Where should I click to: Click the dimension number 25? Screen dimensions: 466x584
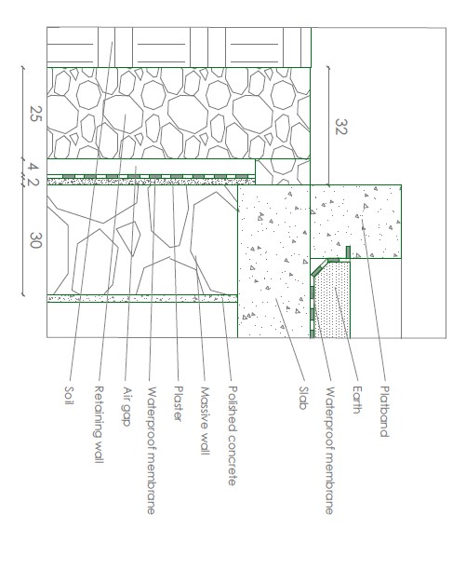pos(36,114)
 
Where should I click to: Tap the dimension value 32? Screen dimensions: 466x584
pos(341,127)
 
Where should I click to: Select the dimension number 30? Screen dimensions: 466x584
pos(36,240)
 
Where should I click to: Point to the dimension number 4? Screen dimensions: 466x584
pos(33,167)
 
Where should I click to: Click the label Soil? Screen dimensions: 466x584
pos(69,395)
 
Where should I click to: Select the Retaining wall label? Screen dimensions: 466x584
pos(99,425)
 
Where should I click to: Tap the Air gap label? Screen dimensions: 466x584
pos(126,407)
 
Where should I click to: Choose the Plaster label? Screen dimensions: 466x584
pos(179,403)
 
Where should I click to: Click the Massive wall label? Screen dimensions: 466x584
pos(205,421)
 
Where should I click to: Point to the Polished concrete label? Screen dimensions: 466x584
pos(233,436)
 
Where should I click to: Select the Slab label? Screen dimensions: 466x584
pos(303,398)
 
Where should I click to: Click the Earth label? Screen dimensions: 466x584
pos(357,400)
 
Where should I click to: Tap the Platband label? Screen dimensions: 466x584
pos(384,412)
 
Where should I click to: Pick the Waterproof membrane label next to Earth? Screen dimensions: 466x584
pos(329,451)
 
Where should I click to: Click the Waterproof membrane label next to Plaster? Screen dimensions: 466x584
pos(152,451)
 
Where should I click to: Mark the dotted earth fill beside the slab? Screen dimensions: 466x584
pos(332,300)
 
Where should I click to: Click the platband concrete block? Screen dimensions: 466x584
pos(355,222)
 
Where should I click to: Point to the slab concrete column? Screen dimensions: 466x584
pos(273,261)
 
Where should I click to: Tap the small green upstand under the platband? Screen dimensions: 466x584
pos(348,252)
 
